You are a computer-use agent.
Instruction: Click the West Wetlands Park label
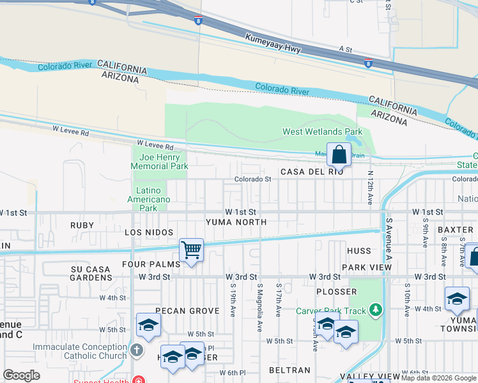322,132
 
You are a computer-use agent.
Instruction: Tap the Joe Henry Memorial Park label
159,161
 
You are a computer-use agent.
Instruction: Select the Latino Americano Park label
153,199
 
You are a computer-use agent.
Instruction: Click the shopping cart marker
191,249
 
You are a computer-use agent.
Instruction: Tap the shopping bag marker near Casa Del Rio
339,154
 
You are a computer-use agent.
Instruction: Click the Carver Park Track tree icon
376,311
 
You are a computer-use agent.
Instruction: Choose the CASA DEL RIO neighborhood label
312,172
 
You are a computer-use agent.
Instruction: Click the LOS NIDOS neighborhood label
149,232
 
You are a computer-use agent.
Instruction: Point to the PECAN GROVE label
188,311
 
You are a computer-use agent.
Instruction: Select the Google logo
21,375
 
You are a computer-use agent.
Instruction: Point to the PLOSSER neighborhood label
336,292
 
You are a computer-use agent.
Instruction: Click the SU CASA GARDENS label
91,274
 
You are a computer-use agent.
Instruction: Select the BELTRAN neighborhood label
289,370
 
